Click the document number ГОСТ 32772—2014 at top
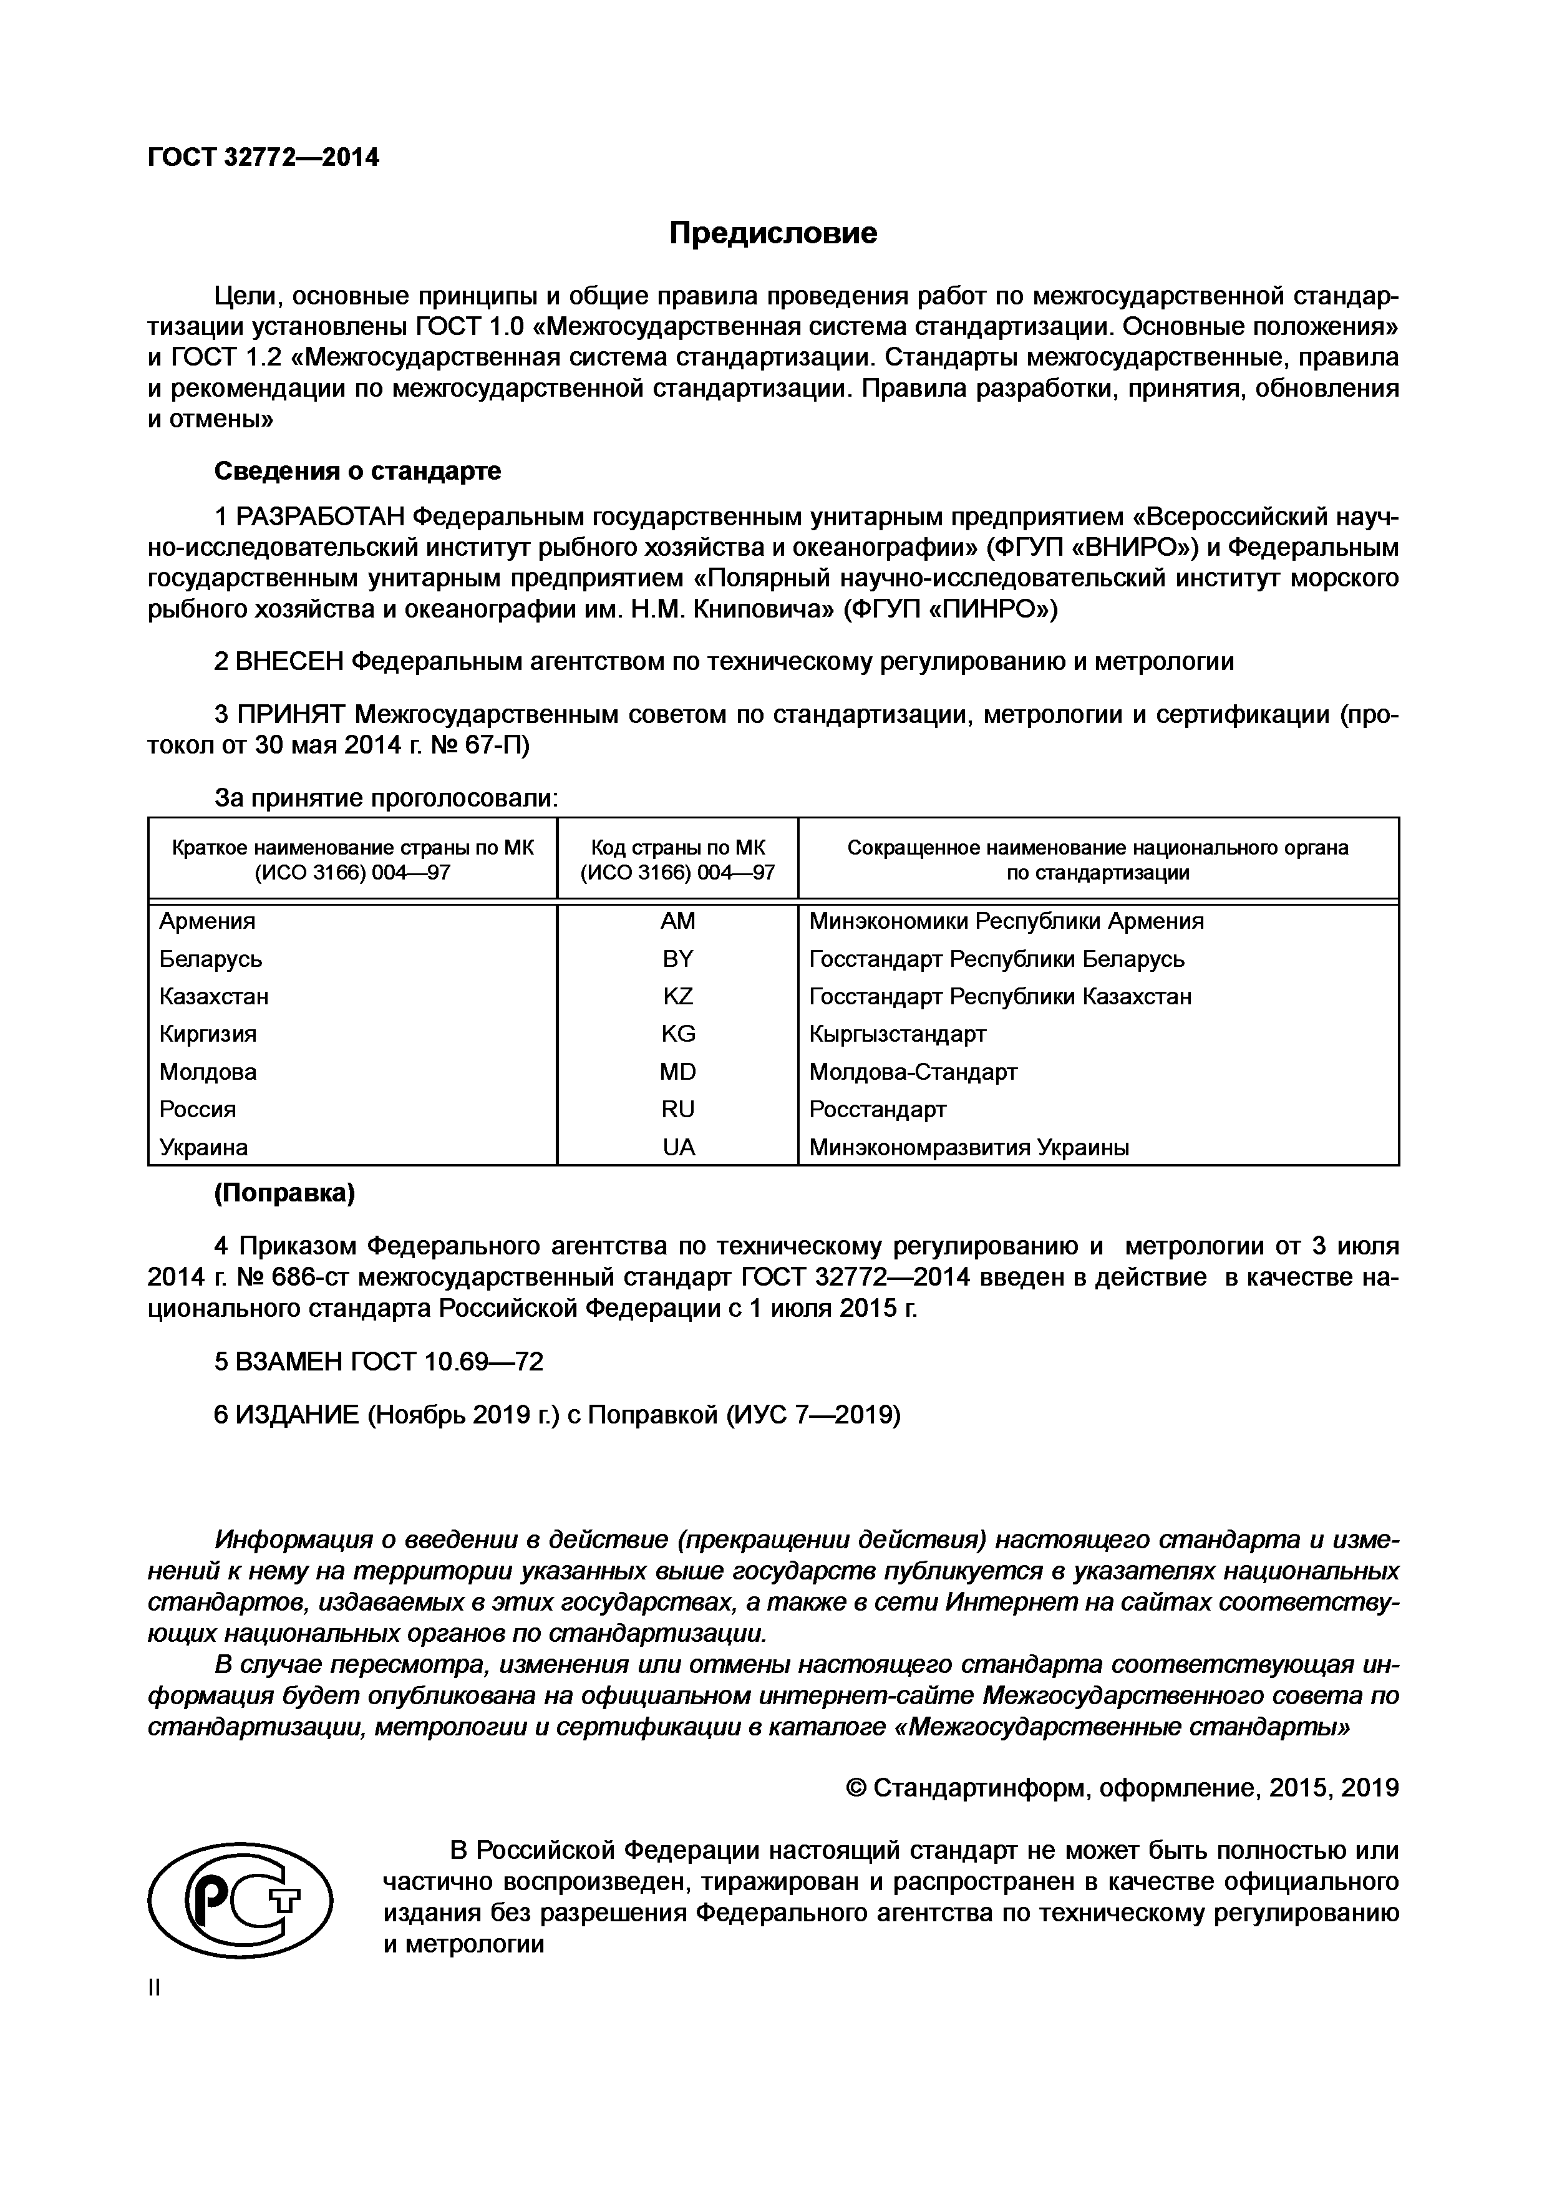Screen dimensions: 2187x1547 click(263, 158)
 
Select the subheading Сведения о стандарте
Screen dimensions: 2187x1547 click(357, 472)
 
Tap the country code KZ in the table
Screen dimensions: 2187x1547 click(678, 996)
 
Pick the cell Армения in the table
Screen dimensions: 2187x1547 click(208, 921)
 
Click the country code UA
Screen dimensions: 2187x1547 click(678, 1148)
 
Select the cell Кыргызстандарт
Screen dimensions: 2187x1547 click(898, 1034)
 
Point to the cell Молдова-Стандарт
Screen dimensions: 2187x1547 click(913, 1072)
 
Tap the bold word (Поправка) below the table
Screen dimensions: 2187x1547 click(284, 1195)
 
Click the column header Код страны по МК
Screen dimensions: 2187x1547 click(678, 848)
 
